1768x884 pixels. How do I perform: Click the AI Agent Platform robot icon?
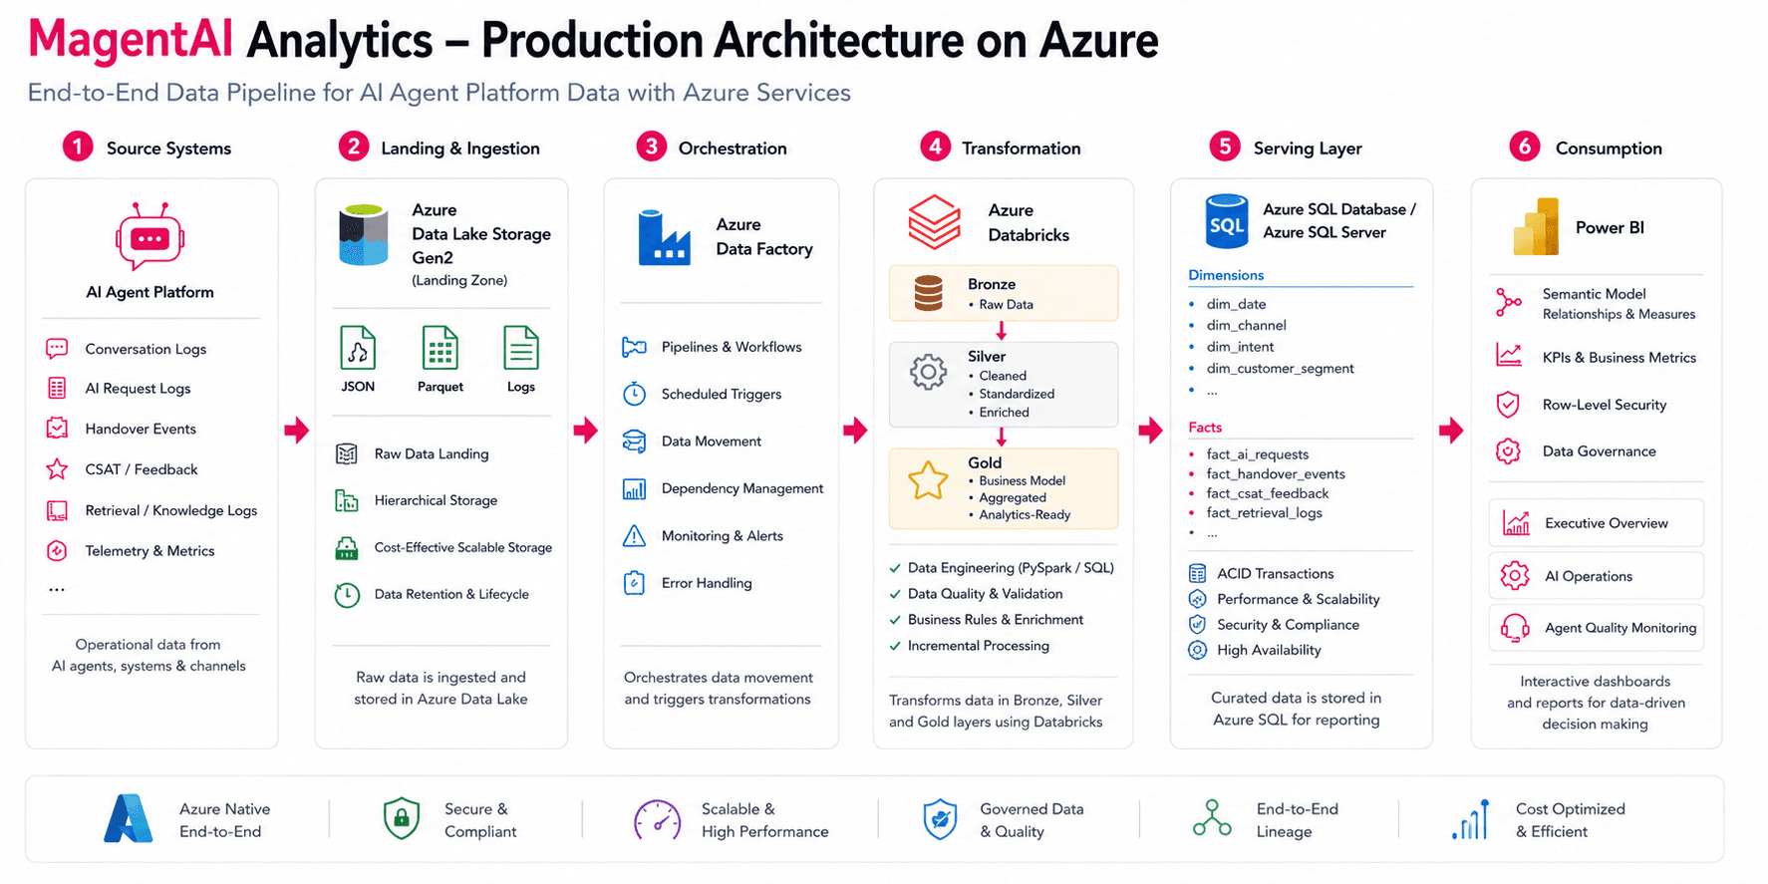149,236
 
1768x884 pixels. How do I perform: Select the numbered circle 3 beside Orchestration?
651,147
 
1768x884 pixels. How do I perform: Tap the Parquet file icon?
440,349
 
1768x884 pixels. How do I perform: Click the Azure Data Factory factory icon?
664,237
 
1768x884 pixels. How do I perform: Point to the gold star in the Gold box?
928,480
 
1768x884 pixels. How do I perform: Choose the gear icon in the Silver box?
928,372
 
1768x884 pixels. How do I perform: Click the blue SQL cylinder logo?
1226,221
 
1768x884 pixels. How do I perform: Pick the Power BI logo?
1536,226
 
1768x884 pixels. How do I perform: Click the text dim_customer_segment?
1280,369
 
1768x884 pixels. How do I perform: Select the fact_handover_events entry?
1276,474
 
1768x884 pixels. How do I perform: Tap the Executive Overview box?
1596,522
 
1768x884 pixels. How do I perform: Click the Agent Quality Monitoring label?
1621,628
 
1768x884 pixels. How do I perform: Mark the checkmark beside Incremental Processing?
895,646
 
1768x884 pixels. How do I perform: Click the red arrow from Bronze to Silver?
1002,331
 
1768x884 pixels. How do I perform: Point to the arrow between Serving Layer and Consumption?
1451,431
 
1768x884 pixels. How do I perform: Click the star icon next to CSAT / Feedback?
57,468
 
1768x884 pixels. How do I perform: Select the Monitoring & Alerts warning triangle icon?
634,536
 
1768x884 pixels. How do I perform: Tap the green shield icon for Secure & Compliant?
401,818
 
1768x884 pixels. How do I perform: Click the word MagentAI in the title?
131,40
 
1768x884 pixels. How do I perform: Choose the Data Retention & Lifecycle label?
451,594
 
